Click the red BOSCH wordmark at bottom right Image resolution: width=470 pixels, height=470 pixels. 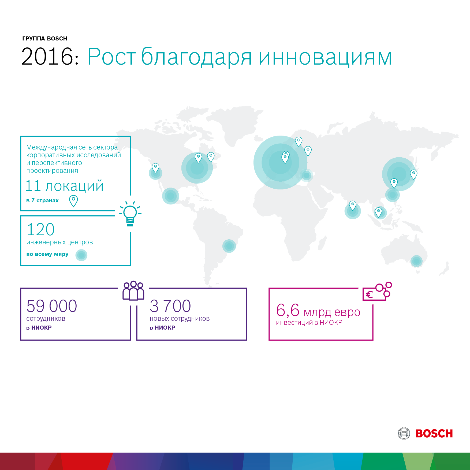[x=434, y=434]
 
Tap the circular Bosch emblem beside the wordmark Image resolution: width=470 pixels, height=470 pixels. [x=404, y=433]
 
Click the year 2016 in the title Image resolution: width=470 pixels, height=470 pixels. [x=47, y=57]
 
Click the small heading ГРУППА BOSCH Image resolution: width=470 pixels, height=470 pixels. [x=45, y=39]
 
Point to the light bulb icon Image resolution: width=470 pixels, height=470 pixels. [x=130, y=214]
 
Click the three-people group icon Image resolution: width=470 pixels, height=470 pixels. [x=133, y=291]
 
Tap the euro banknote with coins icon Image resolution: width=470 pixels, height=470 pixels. [x=377, y=291]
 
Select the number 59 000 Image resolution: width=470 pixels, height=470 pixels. [x=52, y=306]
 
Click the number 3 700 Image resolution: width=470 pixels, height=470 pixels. [x=170, y=306]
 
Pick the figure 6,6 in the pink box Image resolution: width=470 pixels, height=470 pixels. [x=288, y=310]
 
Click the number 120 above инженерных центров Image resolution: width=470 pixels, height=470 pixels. [x=41, y=229]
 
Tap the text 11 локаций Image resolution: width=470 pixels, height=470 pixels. [x=64, y=186]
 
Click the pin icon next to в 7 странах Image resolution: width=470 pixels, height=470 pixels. [x=73, y=201]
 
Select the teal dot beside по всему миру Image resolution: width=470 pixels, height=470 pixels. [x=81, y=255]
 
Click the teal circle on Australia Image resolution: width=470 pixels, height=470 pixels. [x=416, y=261]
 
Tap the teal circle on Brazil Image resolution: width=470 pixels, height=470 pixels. [x=229, y=246]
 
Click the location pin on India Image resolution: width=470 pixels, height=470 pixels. [x=353, y=206]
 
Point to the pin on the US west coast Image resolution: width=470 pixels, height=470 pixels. [x=155, y=168]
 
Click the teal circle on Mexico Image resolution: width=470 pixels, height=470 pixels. [x=170, y=196]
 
